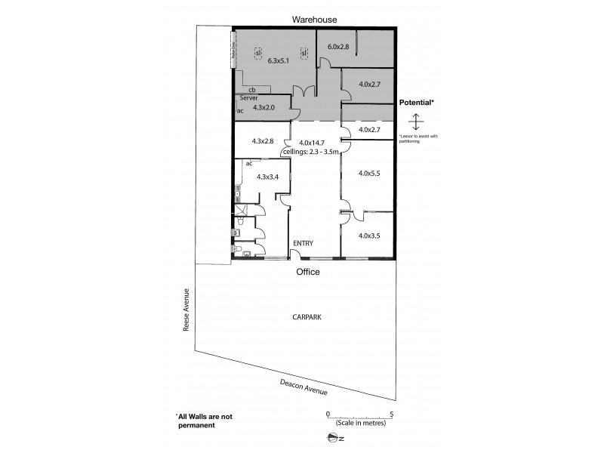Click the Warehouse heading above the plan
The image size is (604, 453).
tap(316, 20)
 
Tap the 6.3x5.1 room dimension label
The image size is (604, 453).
tap(279, 60)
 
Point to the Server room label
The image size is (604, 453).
tap(250, 99)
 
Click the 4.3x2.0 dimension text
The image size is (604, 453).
tap(265, 107)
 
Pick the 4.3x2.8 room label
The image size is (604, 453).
tap(262, 141)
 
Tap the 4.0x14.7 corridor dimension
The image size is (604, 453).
tap(312, 143)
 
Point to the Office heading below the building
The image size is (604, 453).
tap(308, 272)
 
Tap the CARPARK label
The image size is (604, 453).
tap(307, 319)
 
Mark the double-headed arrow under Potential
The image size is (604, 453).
tap(415, 121)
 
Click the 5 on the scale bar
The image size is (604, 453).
tap(391, 414)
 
